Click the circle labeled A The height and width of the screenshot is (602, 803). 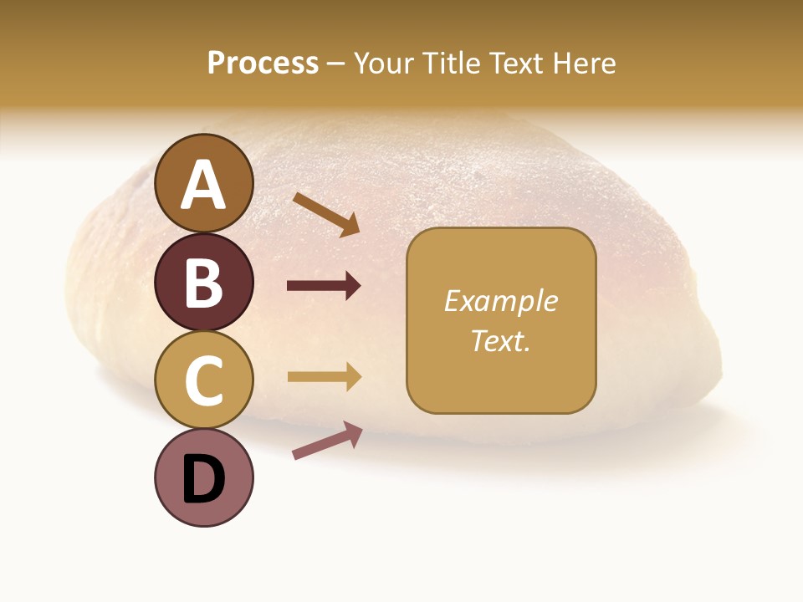(204, 183)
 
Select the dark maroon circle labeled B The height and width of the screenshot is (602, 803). (204, 282)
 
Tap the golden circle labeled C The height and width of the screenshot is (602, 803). (204, 380)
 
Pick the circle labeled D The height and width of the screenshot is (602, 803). (204, 477)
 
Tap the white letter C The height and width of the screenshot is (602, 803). (204, 380)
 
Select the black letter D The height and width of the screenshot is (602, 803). (204, 479)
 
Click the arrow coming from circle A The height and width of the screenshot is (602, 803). (326, 214)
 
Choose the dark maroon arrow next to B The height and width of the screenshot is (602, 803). (324, 286)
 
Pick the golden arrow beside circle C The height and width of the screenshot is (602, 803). (324, 377)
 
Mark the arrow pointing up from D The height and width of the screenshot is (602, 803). (327, 440)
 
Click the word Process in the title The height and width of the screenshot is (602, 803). (263, 63)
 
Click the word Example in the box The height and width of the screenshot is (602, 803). (500, 301)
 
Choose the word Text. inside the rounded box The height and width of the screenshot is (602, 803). (500, 340)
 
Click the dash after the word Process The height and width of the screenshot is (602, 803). (336, 64)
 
